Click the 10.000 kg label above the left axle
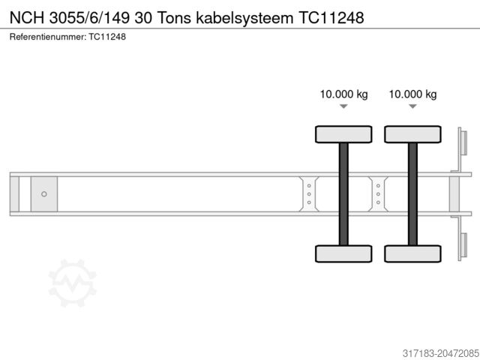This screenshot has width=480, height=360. (343, 94)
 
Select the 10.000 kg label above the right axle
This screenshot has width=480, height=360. (412, 94)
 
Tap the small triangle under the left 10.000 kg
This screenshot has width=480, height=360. (343, 107)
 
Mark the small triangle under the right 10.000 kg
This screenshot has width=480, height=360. (412, 107)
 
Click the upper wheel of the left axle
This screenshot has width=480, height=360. (343, 134)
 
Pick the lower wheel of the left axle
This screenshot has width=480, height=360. (343, 253)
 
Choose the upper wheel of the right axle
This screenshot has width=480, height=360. (412, 134)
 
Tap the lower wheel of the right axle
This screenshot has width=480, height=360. (412, 253)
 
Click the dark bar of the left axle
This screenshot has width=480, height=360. (343, 193)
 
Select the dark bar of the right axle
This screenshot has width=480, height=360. (412, 193)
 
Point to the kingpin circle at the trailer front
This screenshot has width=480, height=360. (44, 194)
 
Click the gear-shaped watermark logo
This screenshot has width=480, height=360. (72, 283)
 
